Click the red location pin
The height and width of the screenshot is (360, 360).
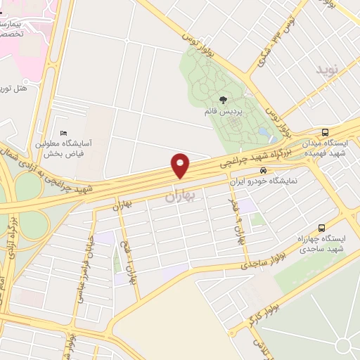pos(181,165)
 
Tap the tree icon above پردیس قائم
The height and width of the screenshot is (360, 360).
pos(223,100)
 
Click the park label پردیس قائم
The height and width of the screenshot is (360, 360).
pos(233,112)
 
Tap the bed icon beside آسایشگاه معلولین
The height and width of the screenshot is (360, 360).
pos(64,134)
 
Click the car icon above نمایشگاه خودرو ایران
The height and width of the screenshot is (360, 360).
pos(263,171)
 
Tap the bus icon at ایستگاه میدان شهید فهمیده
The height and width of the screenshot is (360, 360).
pos(324,132)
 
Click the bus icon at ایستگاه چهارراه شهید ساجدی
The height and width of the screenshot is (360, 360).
pos(321,228)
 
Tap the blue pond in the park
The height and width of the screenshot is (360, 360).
pos(264,131)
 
